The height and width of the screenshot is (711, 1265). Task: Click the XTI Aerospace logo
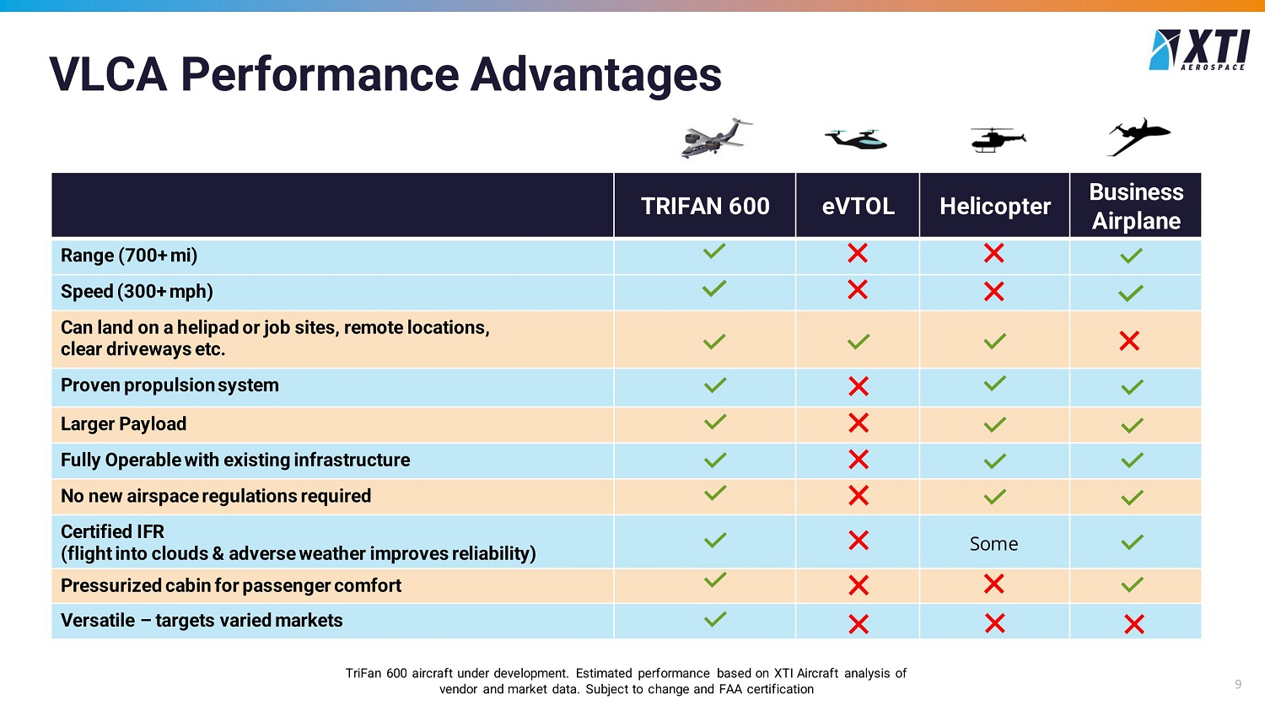(1199, 50)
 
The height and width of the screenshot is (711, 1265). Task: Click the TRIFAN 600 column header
(705, 206)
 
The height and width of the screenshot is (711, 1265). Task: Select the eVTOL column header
(858, 206)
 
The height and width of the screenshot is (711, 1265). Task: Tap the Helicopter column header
(994, 206)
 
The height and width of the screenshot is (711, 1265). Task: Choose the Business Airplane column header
(1136, 206)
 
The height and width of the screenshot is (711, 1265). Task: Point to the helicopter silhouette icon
(998, 139)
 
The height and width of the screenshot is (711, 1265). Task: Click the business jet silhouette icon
(1138, 137)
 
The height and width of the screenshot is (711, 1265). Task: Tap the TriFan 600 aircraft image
(717, 137)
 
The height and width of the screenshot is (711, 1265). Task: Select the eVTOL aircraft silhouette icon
(856, 139)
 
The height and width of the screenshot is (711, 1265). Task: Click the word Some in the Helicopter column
(994, 544)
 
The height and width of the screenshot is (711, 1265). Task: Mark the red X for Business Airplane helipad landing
(1129, 341)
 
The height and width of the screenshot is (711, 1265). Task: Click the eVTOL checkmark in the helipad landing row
(859, 341)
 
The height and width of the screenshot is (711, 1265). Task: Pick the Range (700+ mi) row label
(129, 256)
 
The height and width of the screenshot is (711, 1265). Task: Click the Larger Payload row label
(123, 423)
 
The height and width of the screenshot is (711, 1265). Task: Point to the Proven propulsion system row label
(170, 385)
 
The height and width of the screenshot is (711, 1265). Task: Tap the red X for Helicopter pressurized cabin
(994, 584)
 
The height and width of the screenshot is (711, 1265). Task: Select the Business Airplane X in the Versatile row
(1134, 624)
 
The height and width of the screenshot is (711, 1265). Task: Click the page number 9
(1238, 684)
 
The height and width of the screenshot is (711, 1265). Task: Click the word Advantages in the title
(595, 76)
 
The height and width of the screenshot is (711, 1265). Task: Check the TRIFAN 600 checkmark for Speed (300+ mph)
(714, 288)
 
